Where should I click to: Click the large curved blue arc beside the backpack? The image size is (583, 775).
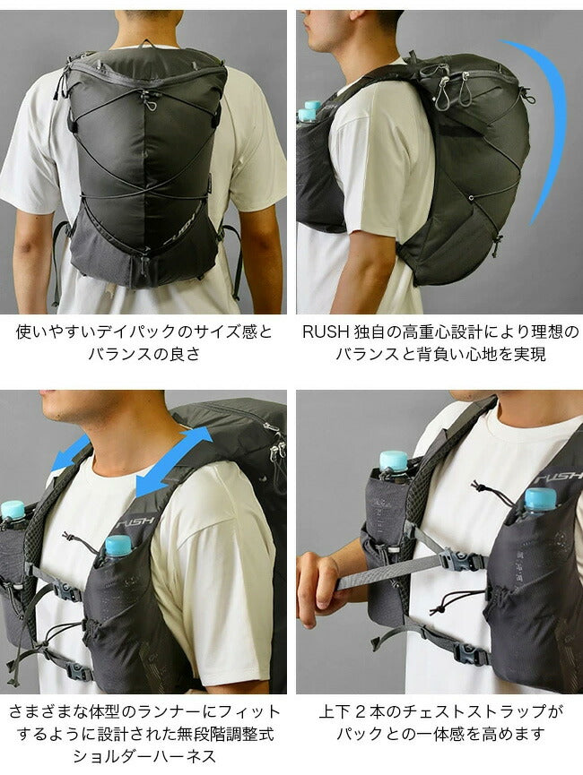tap(543, 125)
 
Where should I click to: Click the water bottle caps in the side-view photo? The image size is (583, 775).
tap(309, 111)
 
